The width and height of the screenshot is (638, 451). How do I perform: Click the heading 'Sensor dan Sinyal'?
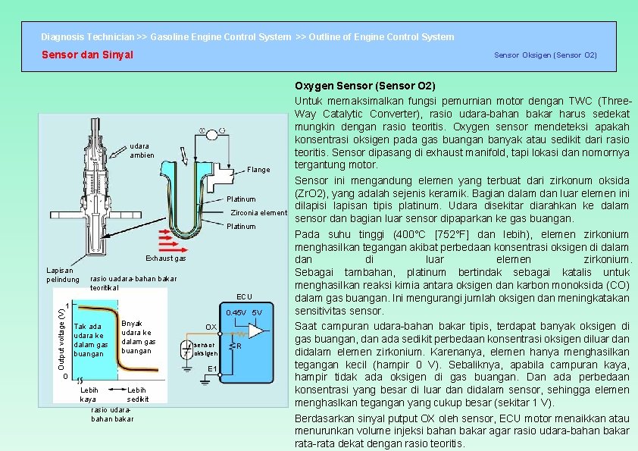[87, 55]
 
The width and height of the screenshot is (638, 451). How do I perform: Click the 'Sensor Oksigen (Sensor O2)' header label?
[545, 55]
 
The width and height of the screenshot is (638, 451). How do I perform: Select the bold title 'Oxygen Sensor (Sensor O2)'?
[364, 86]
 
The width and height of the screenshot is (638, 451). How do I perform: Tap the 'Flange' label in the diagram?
[258, 170]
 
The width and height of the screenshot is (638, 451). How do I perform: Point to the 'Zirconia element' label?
[258, 212]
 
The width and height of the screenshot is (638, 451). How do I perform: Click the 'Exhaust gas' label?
[165, 258]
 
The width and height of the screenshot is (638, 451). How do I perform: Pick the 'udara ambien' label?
[142, 150]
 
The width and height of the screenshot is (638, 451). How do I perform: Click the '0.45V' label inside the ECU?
[236, 313]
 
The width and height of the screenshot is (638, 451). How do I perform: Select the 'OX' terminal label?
[211, 327]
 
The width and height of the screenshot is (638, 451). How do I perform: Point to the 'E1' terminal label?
[213, 369]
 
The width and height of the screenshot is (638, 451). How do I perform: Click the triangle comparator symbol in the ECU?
[258, 332]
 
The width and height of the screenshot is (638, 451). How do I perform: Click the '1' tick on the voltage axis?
[67, 306]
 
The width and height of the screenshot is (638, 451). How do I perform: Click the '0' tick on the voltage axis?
[66, 377]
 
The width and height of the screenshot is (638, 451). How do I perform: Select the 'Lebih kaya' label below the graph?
[88, 394]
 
